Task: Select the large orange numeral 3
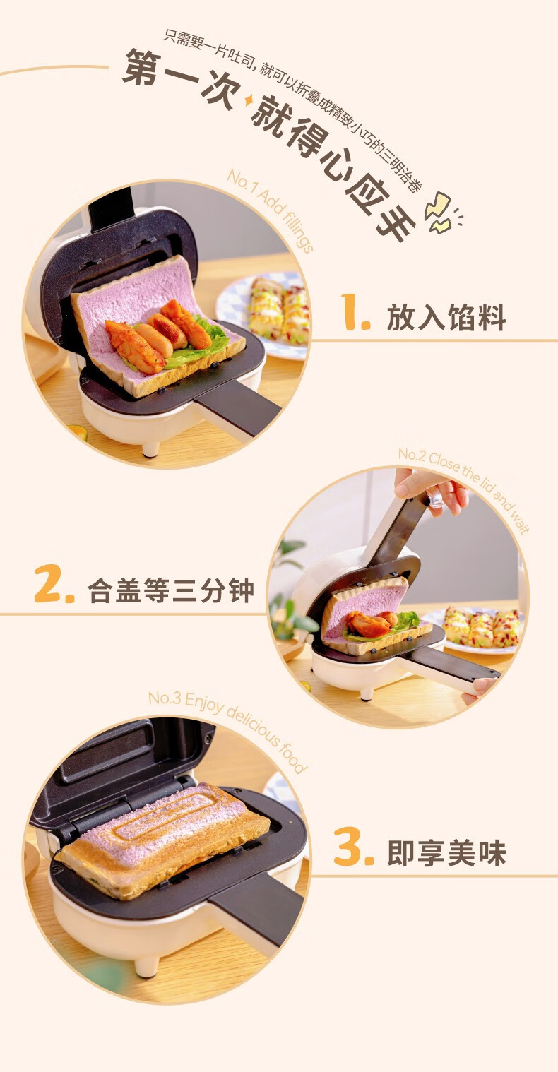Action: [x=353, y=849]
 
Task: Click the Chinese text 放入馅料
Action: [x=446, y=317]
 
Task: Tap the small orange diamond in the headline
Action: [x=248, y=100]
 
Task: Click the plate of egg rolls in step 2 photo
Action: [x=479, y=628]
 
